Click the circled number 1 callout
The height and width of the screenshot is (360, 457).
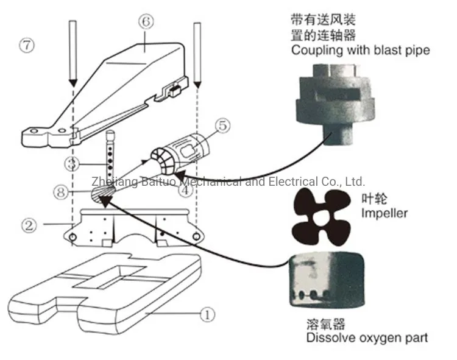tap(206, 315)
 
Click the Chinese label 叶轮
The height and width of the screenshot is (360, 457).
tap(372, 199)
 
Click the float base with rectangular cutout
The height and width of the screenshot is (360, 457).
tap(104, 286)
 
